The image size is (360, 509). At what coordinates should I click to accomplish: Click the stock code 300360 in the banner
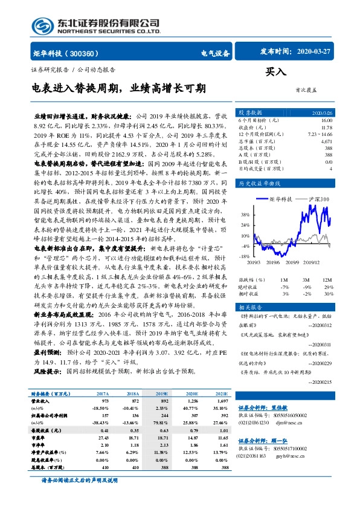pos(88,53)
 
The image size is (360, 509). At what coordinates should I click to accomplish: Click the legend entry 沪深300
pos(319,199)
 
